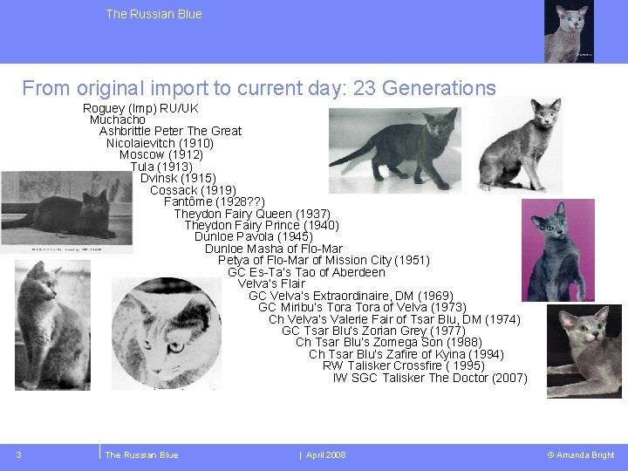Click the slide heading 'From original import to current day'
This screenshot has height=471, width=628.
[x=259, y=88]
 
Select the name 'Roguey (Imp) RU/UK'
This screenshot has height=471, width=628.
[x=140, y=108]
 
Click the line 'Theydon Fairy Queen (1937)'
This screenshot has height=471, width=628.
[x=252, y=214]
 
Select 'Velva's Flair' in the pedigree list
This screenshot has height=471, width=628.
[x=271, y=283]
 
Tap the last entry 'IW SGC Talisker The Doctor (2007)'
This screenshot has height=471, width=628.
[x=430, y=378]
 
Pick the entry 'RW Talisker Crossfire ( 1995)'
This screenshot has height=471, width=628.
[x=404, y=365]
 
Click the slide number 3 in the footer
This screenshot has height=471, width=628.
[x=18, y=454]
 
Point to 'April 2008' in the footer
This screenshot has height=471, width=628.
[x=325, y=455]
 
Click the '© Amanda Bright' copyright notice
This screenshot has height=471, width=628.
[x=580, y=455]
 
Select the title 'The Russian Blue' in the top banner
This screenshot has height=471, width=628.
[x=154, y=14]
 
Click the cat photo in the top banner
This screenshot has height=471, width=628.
[x=570, y=31]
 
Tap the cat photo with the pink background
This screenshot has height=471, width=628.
[x=556, y=249]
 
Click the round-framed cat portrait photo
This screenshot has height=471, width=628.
[x=167, y=333]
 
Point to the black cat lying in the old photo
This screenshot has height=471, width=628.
[x=65, y=214]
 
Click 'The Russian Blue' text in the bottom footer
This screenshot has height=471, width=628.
[x=141, y=455]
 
